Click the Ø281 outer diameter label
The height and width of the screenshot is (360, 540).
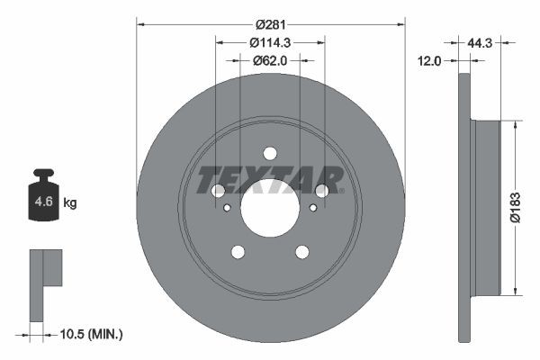(x=271, y=24)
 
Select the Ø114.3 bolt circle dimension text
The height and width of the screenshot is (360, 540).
(x=270, y=42)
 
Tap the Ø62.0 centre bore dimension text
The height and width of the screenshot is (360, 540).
(x=271, y=60)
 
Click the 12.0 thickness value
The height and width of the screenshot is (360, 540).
(x=431, y=61)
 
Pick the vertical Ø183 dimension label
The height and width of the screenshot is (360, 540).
(x=514, y=205)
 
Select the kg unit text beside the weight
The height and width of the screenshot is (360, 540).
(x=69, y=203)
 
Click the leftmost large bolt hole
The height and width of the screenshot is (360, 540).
(x=218, y=190)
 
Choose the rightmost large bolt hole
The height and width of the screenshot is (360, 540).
(x=322, y=190)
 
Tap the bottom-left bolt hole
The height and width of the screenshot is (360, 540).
(x=238, y=252)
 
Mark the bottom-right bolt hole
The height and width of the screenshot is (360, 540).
(x=302, y=252)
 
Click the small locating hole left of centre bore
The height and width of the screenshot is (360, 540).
(x=227, y=208)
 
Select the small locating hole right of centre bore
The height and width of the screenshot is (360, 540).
(x=313, y=208)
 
